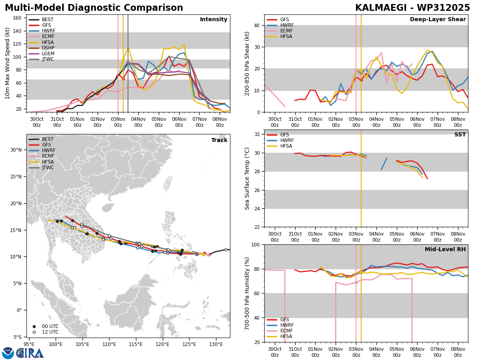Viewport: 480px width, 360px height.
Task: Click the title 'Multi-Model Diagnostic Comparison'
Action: (94, 8)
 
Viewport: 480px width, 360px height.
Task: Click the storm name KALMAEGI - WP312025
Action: (412, 8)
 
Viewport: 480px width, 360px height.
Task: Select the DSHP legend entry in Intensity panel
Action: (42, 48)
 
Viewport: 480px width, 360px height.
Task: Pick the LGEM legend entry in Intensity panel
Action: (42, 54)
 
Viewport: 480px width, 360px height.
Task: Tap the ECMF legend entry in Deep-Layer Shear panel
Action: (280, 31)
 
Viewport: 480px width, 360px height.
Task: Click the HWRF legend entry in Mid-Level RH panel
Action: (280, 325)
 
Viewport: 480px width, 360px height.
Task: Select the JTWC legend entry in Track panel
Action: (41, 168)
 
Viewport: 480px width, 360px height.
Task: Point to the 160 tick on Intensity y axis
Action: (17, 18)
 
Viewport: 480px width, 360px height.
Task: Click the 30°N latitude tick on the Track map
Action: (16, 150)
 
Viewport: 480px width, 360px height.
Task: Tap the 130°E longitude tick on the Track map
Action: (216, 344)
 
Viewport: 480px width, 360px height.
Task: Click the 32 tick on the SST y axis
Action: (257, 134)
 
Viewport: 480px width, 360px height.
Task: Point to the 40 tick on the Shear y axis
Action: (257, 25)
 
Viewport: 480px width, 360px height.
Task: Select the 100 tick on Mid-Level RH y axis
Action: (255, 244)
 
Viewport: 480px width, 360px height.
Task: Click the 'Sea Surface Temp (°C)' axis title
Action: (247, 178)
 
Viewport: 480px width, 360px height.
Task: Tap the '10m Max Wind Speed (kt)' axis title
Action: (7, 63)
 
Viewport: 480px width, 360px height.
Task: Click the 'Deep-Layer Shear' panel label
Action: (438, 19)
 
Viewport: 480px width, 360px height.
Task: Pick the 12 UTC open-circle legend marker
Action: (34, 332)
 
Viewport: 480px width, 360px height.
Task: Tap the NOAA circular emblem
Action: (8, 353)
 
